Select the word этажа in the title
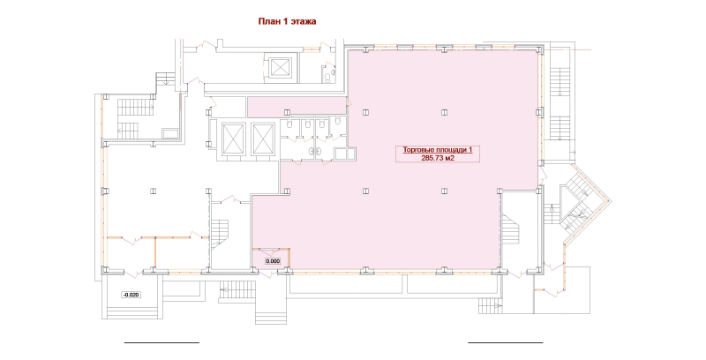pyautogui.click(x=303, y=21)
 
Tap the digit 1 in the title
pyautogui.click(x=284, y=21)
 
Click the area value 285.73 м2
pyautogui.click(x=438, y=157)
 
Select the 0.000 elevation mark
pyautogui.click(x=273, y=261)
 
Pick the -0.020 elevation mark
pyautogui.click(x=131, y=295)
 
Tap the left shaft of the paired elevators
pyautogui.click(x=233, y=139)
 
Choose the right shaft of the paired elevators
pyautogui.click(x=263, y=139)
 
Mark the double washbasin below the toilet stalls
pyautogui.click(x=313, y=152)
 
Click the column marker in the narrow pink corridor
pyautogui.click(x=286, y=112)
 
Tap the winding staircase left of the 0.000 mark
pyautogui.click(x=220, y=234)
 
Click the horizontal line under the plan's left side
pyautogui.click(x=161, y=342)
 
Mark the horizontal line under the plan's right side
pyautogui.click(x=505, y=342)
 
